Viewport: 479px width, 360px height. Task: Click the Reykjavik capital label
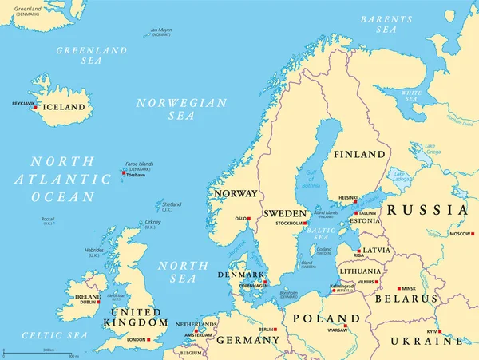[24, 104]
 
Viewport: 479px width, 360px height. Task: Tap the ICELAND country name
[65, 107]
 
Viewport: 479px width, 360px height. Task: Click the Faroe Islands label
[139, 164]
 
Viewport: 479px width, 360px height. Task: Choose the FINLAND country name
[359, 154]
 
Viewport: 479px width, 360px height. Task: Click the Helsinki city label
[348, 198]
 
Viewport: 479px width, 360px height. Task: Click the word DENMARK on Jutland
[237, 274]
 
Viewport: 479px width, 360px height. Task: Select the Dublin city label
[87, 303]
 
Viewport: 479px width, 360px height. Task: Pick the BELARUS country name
[409, 299]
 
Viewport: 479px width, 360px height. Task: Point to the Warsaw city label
[337, 330]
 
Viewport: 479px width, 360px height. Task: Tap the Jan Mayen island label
[161, 33]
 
